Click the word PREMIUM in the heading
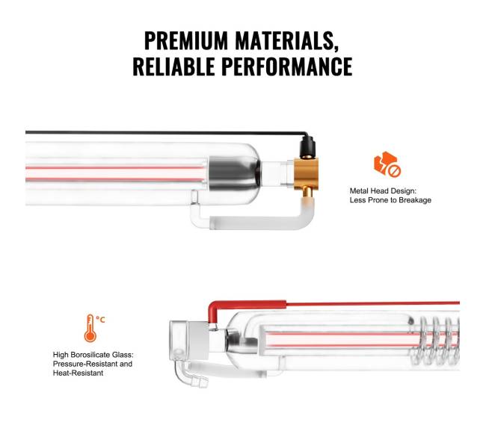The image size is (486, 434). pos(186,40)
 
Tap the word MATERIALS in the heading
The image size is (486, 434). pos(286,41)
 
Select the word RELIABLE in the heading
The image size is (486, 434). pos(174,66)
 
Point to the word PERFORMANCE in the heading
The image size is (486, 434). pos(287,66)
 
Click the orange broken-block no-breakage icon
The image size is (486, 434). pos(387,164)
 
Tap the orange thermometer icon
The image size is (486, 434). pos(90,328)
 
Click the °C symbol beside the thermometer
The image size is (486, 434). pos(100,319)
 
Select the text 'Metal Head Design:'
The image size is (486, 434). pos(383,191)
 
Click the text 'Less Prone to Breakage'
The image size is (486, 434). pos(390,200)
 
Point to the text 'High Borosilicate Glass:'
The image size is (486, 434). pos(93,355)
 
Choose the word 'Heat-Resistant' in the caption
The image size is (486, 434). pos(78,373)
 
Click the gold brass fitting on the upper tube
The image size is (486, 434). pos(306,173)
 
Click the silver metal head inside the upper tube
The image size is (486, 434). pos(234,173)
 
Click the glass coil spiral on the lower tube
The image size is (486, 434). pos(434,340)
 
